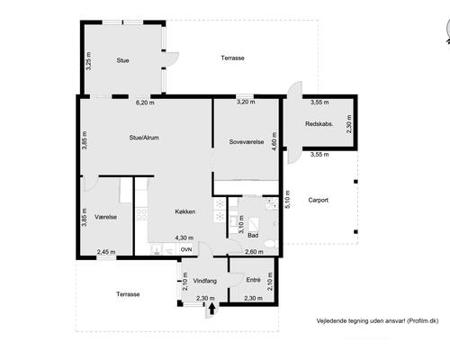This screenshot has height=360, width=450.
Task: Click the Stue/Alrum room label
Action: [x=144, y=138]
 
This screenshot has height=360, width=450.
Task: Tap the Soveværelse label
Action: [x=246, y=141]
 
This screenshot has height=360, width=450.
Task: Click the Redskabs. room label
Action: [x=320, y=124]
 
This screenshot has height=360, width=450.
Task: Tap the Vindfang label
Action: [x=205, y=280]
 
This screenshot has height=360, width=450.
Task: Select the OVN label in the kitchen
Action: [x=186, y=249]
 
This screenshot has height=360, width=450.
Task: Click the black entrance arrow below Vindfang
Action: [x=211, y=310]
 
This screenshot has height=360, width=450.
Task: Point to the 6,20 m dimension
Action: [x=144, y=103]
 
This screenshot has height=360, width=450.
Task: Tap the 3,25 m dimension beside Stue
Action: [x=88, y=61]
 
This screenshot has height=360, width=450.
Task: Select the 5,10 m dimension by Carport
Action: [x=288, y=200]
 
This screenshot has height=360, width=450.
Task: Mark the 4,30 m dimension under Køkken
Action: [x=184, y=238]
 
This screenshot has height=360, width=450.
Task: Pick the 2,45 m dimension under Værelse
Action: [x=106, y=252]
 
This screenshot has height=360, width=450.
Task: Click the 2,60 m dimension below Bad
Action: [x=254, y=252]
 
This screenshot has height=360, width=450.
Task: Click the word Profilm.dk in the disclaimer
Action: [x=419, y=319]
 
